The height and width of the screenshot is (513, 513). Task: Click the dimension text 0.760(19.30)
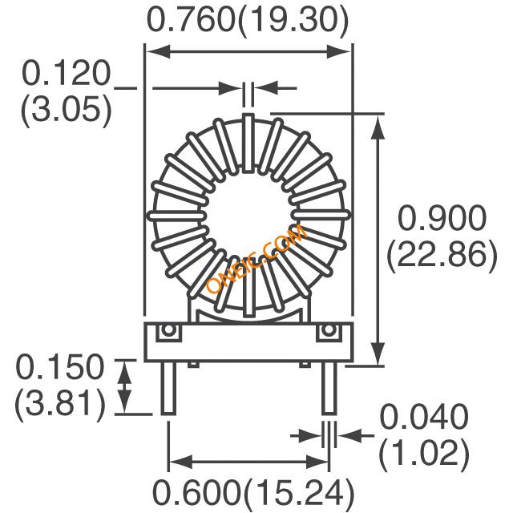pos(248,19)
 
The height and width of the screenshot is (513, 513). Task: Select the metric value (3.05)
pos(66,111)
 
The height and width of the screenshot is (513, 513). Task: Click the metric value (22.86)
pos(442,256)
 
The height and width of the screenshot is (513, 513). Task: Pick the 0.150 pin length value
pos(60,367)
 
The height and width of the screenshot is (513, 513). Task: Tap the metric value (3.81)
pos(60,405)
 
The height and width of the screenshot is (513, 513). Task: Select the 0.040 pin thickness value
pos(424,417)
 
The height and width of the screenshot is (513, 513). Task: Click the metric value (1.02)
pos(424,454)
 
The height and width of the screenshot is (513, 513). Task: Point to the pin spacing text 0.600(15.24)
pos(253,492)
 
